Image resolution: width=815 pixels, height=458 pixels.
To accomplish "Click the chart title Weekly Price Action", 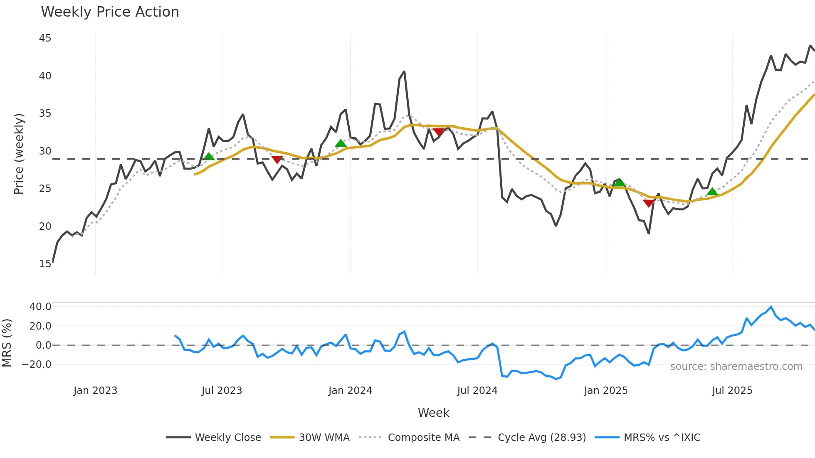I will click(110, 12).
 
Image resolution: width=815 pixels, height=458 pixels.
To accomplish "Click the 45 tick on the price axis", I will click(45, 38).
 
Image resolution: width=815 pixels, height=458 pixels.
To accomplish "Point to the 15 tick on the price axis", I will click(45, 264).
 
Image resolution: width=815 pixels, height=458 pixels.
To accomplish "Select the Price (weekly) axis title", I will click(19, 154).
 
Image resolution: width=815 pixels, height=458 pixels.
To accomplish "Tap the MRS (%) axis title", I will click(7, 343).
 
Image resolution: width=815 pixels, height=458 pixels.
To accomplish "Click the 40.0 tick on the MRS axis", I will click(40, 307).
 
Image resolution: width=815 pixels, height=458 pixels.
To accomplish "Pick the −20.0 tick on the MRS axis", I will click(37, 364).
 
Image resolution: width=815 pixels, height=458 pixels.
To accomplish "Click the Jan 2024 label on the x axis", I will click(350, 391).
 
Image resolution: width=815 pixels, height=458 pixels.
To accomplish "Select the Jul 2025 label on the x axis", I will click(732, 391).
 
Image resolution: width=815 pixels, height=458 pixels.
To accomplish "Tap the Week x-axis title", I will click(433, 413).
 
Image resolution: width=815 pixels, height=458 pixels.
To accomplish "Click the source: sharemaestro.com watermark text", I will click(736, 367).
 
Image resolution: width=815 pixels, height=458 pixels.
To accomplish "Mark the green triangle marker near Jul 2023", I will click(209, 157).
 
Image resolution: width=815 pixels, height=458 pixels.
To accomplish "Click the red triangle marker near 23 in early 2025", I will click(649, 203).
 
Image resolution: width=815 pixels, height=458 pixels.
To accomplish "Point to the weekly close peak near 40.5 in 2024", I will click(404, 71).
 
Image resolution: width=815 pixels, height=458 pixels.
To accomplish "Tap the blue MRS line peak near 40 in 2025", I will click(771, 307).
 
